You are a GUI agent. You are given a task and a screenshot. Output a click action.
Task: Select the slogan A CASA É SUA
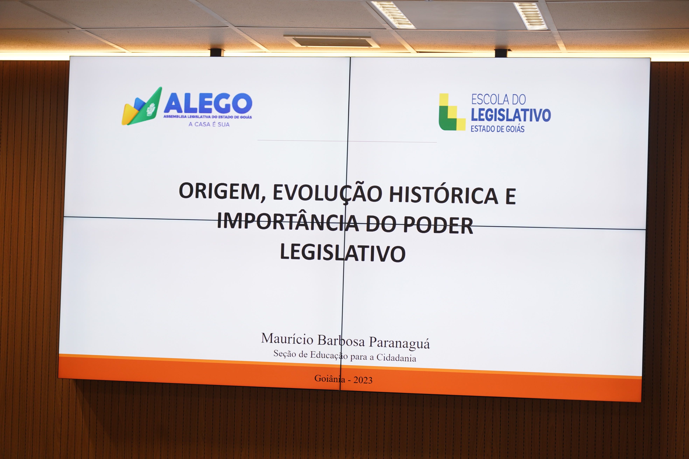209,124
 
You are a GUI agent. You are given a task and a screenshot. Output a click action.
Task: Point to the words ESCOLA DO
499,100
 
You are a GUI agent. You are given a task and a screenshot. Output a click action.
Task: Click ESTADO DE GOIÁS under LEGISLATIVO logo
497,129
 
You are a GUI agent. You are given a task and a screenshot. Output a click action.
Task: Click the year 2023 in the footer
363,380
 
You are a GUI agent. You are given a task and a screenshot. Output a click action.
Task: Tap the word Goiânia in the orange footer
330,379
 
